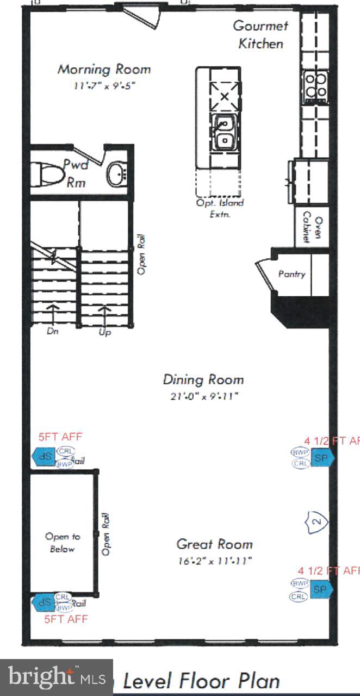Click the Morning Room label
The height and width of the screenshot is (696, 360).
[104, 69]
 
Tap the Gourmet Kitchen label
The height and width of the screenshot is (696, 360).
[260, 34]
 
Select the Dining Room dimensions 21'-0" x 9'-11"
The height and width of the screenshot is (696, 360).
[203, 396]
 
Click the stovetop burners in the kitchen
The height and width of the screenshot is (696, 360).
[316, 85]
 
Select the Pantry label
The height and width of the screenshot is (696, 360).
[292, 275]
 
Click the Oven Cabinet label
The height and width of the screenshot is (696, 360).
[312, 227]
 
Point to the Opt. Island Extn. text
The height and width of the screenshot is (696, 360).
[220, 208]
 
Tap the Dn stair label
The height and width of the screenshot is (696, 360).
[52, 332]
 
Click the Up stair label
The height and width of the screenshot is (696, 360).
[105, 332]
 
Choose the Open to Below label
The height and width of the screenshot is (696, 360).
[62, 543]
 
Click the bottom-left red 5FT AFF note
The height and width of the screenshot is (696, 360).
[66, 619]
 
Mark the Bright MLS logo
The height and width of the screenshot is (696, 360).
[56, 677]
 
